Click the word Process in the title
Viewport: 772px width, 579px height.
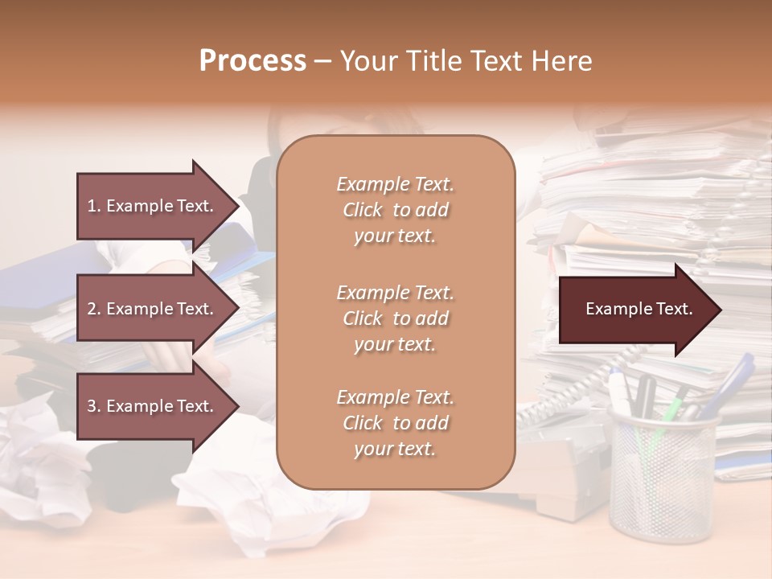(253, 61)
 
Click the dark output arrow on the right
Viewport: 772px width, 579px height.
(639, 310)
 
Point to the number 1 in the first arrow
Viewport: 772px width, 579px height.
(92, 206)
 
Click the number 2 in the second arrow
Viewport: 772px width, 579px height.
(92, 309)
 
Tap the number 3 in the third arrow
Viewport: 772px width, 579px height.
(92, 406)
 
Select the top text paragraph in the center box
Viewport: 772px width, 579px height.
(395, 210)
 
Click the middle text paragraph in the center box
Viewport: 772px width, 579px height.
(395, 318)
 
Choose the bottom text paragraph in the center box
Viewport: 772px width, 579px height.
(395, 423)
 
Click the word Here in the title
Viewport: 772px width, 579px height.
(562, 61)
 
